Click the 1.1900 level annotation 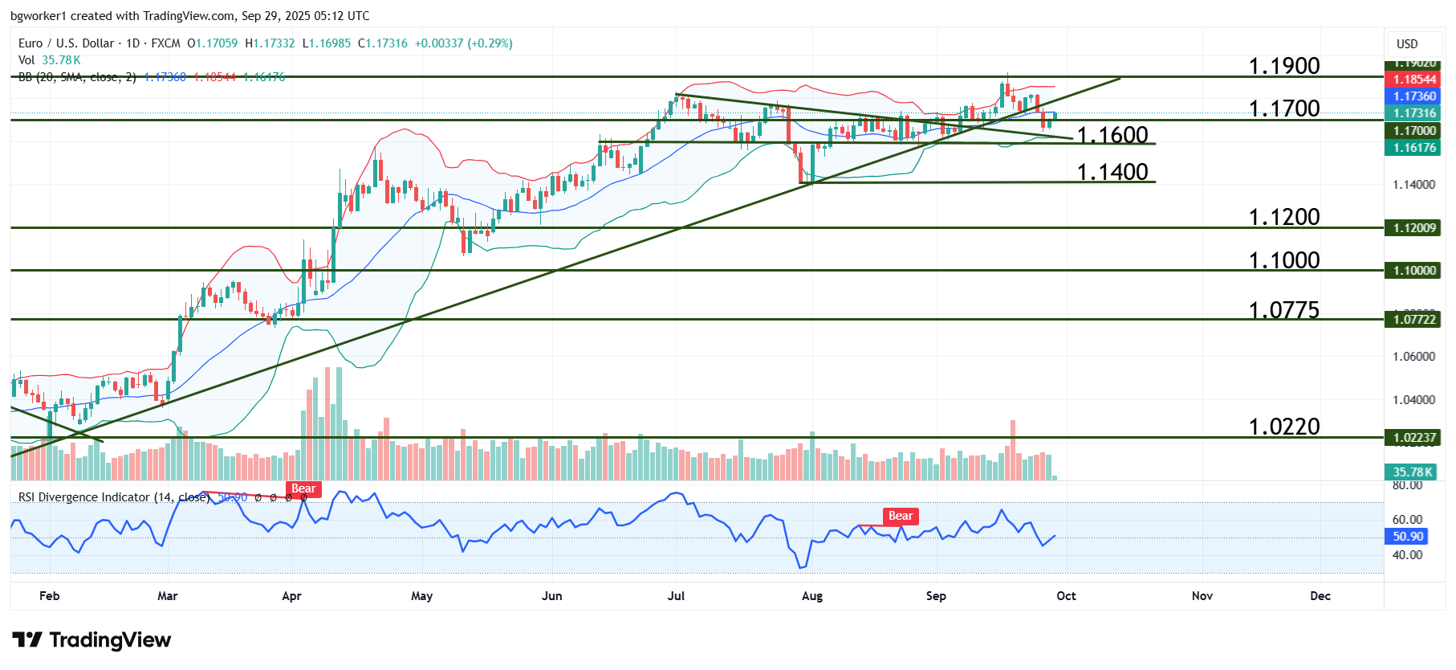coord(1283,66)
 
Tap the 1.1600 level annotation coord(1112,135)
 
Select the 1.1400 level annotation coord(1112,172)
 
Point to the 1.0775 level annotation coord(1283,310)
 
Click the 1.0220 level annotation coord(1283,427)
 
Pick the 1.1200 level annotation coord(1283,217)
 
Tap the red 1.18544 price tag coord(1414,80)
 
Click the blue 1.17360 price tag coord(1414,96)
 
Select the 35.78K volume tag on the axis coord(1413,472)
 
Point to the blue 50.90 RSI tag coord(1408,537)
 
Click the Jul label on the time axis coord(676,596)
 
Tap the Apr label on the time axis coord(291,596)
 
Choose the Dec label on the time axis coord(1320,596)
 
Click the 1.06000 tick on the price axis coord(1413,357)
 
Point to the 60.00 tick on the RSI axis coord(1407,520)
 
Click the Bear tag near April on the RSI coord(303,489)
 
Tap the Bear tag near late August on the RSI coord(900,517)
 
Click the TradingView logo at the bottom coord(92,640)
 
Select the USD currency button coord(1407,44)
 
